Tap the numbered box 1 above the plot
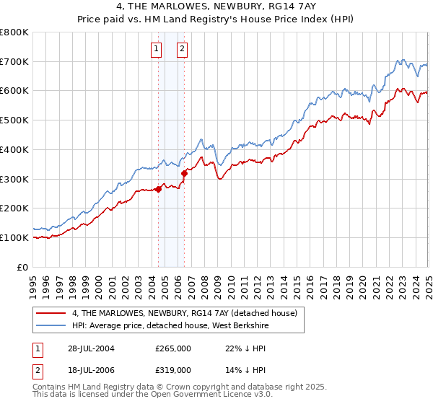tap(156, 49)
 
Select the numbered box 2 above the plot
tap(181, 49)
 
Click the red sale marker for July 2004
tap(159, 190)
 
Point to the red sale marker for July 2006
tap(185, 173)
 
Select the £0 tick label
tap(23, 267)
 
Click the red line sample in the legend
tap(51, 312)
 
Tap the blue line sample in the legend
tap(51, 325)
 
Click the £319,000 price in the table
tap(173, 369)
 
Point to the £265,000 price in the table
tap(173, 348)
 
